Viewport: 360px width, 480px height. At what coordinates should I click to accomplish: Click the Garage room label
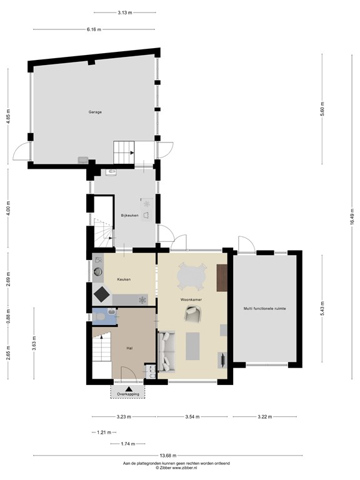pyautogui.click(x=95, y=112)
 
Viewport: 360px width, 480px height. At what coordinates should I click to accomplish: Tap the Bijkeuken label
pyautogui.click(x=129, y=216)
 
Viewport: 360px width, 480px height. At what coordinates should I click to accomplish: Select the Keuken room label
pyautogui.click(x=124, y=279)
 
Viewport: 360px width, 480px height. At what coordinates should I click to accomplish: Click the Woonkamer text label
pyautogui.click(x=191, y=300)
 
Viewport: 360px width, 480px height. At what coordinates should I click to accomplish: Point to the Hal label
pyautogui.click(x=129, y=348)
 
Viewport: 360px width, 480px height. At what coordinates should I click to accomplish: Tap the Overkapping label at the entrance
pyautogui.click(x=129, y=394)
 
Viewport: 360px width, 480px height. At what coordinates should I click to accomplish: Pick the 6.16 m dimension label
pyautogui.click(x=94, y=29)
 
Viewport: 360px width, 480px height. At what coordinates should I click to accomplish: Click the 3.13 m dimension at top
pyautogui.click(x=124, y=12)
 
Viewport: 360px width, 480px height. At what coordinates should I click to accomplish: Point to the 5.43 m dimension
pyautogui.click(x=322, y=309)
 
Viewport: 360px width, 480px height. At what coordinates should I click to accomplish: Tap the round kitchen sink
pyautogui.click(x=99, y=271)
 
